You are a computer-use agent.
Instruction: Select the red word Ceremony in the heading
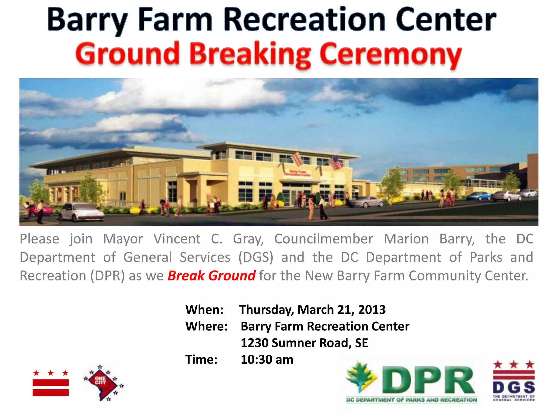pyautogui.click(x=390, y=54)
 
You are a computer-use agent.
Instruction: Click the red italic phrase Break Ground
pyautogui.click(x=211, y=276)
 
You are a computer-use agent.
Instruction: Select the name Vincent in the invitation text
pyautogui.click(x=177, y=239)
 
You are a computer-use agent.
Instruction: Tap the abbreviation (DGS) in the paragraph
pyautogui.click(x=256, y=257)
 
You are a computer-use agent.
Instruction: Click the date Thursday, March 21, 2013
pyautogui.click(x=312, y=310)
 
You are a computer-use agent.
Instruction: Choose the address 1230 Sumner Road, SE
pyautogui.click(x=304, y=343)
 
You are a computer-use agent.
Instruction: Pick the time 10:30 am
pyautogui.click(x=267, y=360)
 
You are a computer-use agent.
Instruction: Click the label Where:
pyautogui.click(x=207, y=326)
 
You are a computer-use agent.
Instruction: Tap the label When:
pyautogui.click(x=204, y=310)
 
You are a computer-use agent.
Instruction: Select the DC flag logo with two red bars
pyautogui.click(x=51, y=384)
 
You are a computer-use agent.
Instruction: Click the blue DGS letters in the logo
pyautogui.click(x=514, y=387)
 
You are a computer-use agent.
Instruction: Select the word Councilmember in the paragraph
pyautogui.click(x=324, y=239)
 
